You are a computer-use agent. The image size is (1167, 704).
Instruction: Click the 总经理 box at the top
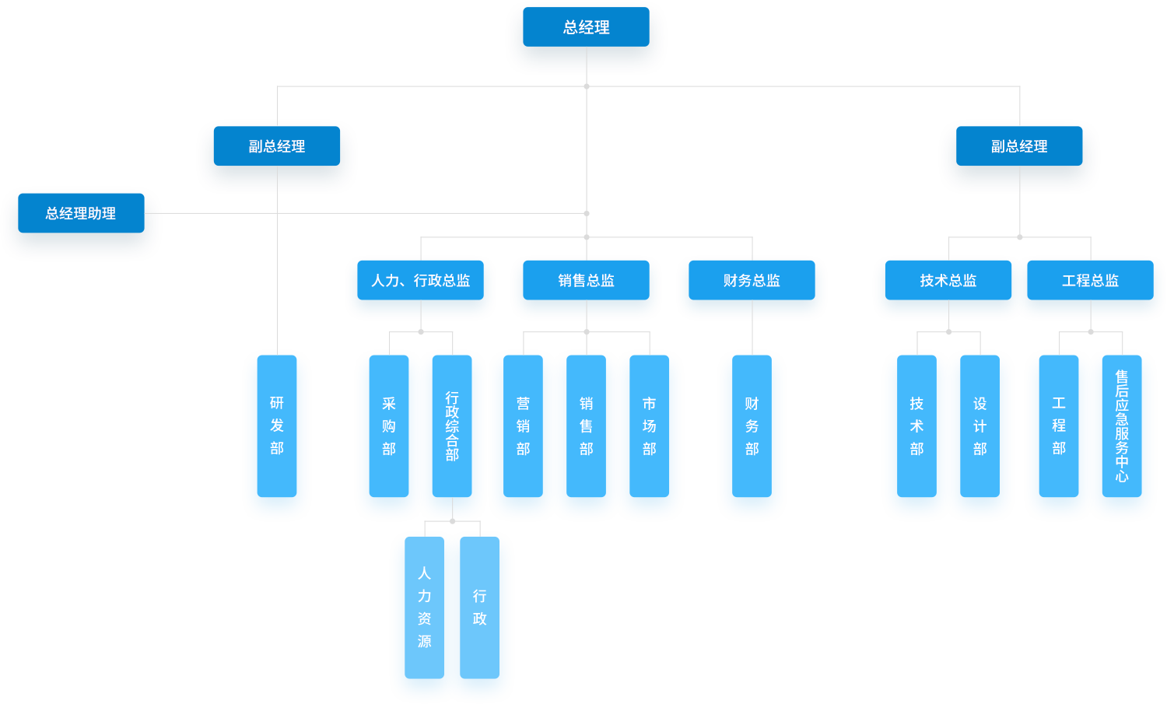pyautogui.click(x=586, y=27)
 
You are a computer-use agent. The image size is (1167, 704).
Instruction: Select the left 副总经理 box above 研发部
pyautogui.click(x=276, y=146)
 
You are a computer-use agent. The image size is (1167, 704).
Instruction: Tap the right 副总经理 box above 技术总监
pyautogui.click(x=1019, y=146)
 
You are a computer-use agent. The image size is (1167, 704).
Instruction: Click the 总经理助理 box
pyautogui.click(x=81, y=213)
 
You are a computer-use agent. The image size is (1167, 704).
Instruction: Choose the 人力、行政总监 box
pyautogui.click(x=420, y=280)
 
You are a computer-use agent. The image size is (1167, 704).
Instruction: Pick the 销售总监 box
pyautogui.click(x=586, y=280)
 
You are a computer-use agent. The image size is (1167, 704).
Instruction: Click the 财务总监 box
pyautogui.click(x=752, y=280)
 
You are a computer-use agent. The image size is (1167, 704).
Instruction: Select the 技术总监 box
pyautogui.click(x=948, y=280)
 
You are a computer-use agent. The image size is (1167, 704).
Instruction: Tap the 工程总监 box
pyautogui.click(x=1090, y=280)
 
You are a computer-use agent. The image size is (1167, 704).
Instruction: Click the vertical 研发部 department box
pyautogui.click(x=277, y=426)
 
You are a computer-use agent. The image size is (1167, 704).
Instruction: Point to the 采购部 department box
pyautogui.click(x=389, y=426)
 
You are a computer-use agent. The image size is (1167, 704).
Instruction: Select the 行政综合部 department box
pyautogui.click(x=452, y=426)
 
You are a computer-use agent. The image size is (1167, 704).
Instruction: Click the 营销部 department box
pyautogui.click(x=523, y=426)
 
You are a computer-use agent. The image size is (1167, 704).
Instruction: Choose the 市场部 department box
pyautogui.click(x=649, y=426)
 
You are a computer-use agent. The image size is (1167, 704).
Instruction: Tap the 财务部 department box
pyautogui.click(x=752, y=426)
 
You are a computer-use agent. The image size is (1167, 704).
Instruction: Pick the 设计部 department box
pyautogui.click(x=980, y=426)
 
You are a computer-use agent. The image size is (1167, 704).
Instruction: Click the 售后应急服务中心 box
pyautogui.click(x=1121, y=426)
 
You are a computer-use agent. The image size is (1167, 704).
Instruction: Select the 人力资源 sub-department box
pyautogui.click(x=424, y=608)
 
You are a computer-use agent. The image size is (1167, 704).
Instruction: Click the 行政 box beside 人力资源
pyautogui.click(x=479, y=608)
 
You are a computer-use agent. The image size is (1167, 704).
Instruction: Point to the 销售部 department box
pyautogui.click(x=586, y=426)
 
